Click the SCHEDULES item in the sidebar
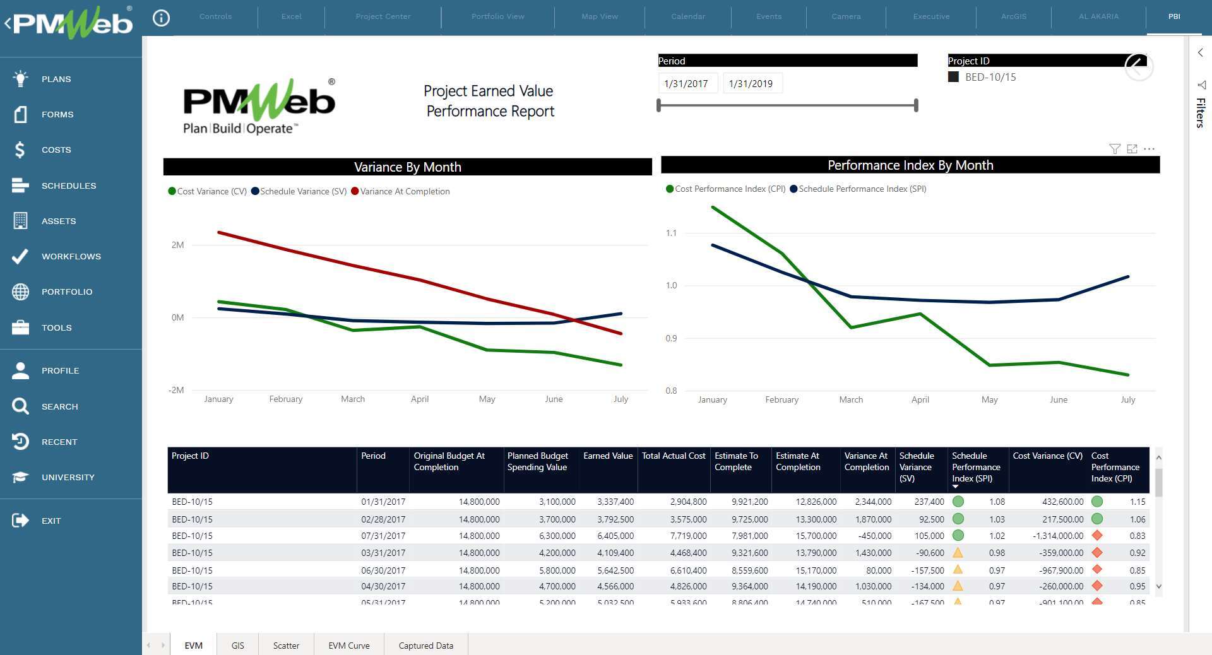(68, 186)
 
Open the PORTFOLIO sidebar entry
(66, 292)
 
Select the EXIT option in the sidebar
(50, 521)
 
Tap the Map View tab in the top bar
(599, 16)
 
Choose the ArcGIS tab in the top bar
(1013, 16)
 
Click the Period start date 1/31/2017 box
(686, 83)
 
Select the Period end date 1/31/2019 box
(751, 83)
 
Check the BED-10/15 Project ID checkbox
(953, 77)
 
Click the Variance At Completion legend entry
(404, 191)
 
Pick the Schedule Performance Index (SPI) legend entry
(862, 189)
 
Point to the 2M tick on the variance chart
(177, 245)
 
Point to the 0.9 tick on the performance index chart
(671, 338)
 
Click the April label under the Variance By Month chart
(419, 399)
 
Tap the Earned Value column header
(607, 456)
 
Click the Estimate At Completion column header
(797, 461)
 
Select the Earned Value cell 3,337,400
(615, 502)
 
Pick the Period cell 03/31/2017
(383, 553)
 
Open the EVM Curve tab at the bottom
(348, 646)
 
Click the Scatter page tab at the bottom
(286, 646)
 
